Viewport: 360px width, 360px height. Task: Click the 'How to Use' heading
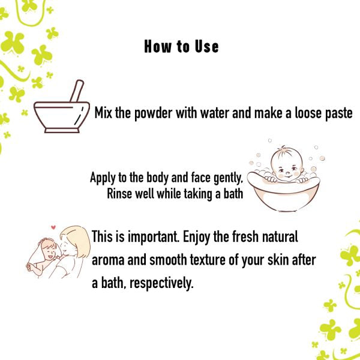click(x=181, y=47)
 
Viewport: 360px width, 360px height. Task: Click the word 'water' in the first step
click(x=212, y=113)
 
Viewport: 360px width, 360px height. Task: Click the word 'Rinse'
click(x=120, y=194)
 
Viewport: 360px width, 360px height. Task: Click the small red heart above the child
click(x=53, y=227)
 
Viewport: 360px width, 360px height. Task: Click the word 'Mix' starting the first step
click(x=104, y=113)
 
